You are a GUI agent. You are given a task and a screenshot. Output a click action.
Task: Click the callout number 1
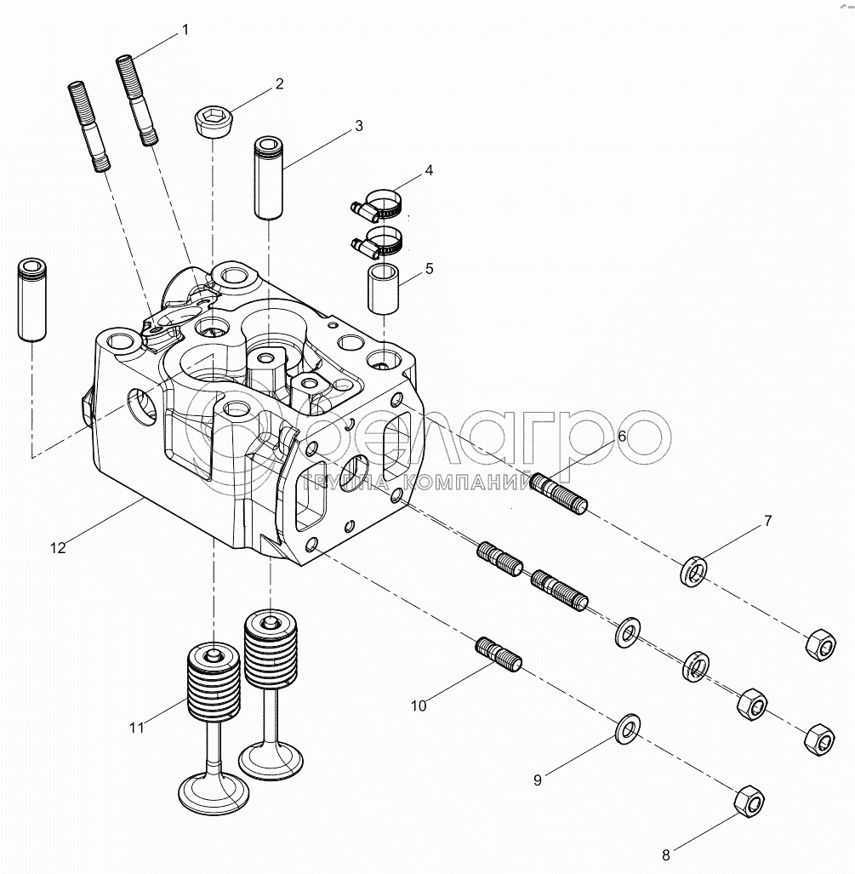(185, 31)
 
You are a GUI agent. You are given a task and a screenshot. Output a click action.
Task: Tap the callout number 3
(359, 125)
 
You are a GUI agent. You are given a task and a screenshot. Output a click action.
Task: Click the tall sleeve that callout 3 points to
(270, 178)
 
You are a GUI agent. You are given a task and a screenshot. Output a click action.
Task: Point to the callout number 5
(429, 268)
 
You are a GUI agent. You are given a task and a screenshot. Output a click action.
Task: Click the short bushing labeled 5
(384, 289)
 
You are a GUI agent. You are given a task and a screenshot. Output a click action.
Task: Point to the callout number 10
(419, 705)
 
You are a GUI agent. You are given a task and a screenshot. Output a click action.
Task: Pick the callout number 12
(57, 548)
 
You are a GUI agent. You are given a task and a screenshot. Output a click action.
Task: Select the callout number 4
(429, 170)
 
